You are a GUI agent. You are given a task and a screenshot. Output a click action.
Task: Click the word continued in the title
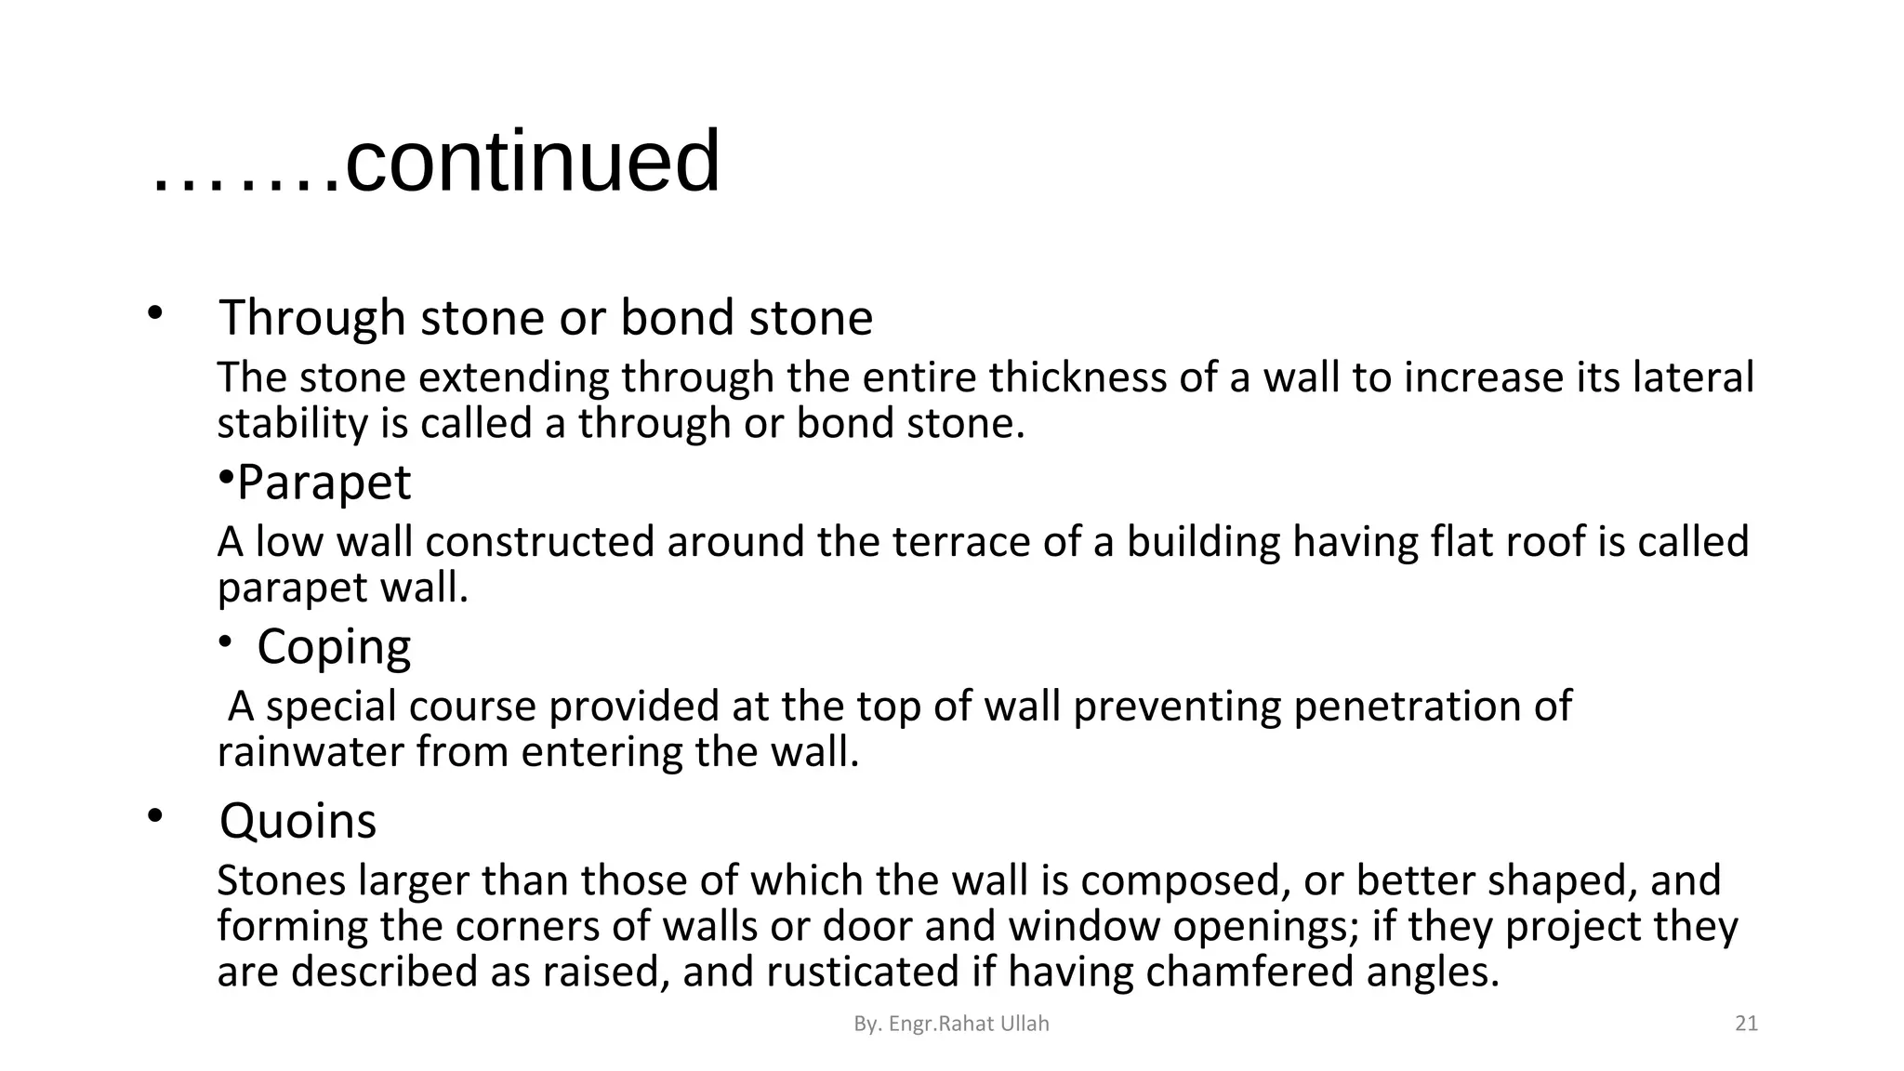(x=532, y=163)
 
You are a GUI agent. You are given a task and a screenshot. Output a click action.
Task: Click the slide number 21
(x=1747, y=1024)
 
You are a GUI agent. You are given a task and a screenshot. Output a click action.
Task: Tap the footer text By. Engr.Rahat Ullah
(x=951, y=1024)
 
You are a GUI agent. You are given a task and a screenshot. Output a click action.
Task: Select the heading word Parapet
(x=324, y=483)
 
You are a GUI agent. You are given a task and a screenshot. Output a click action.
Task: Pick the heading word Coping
(x=334, y=647)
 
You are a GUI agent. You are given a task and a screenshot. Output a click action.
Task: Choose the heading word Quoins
(x=297, y=821)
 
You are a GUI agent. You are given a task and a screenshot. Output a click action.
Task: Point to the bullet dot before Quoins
(x=154, y=816)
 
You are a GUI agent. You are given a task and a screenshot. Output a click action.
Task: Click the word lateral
(x=1693, y=377)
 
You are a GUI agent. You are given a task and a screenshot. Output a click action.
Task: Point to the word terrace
(x=961, y=542)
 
